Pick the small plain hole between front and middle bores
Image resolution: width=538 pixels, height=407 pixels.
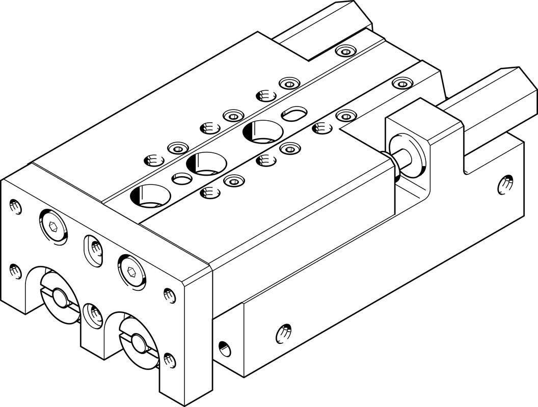click(181, 179)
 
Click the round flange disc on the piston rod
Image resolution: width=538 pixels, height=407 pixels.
click(406, 152)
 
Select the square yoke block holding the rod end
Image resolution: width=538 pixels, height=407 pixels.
click(418, 127)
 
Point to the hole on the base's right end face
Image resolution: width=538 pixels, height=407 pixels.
click(505, 183)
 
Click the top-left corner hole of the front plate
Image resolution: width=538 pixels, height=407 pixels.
click(14, 207)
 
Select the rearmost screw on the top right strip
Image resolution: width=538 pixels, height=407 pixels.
click(402, 83)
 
